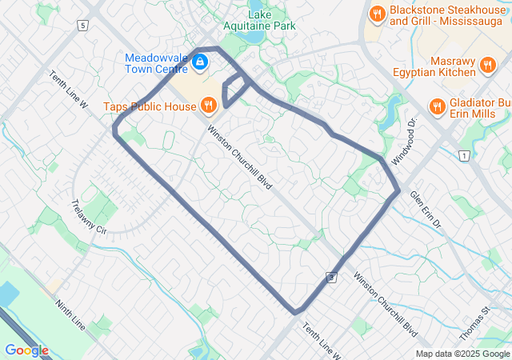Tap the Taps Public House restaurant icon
[x=207, y=105]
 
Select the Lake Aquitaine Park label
[x=259, y=20]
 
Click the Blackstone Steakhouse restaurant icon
[x=376, y=14]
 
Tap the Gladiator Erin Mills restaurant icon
[x=437, y=106]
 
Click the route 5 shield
[x=82, y=26]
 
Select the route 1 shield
[x=463, y=154]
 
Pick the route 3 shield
[x=330, y=276]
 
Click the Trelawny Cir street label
[x=89, y=216]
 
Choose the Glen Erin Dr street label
[x=426, y=210]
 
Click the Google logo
[x=26, y=350]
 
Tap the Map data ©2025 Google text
[x=462, y=354]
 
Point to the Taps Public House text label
[x=150, y=106]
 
